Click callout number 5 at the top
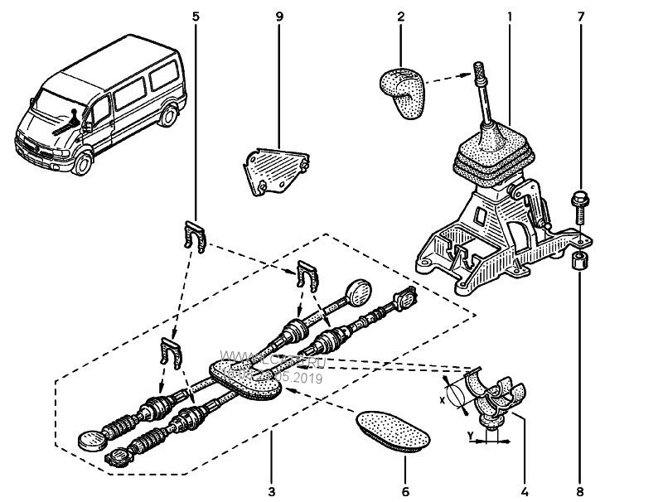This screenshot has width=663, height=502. click(x=196, y=17)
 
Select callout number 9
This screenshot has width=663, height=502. click(x=279, y=17)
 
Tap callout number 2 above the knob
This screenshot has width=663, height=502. click(x=401, y=17)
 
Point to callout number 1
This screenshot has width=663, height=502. click(x=509, y=17)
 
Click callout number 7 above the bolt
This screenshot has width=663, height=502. click(x=580, y=17)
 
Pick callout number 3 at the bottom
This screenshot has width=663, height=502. click(x=271, y=490)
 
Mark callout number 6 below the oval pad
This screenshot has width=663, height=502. click(x=405, y=490)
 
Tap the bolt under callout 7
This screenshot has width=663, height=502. click(x=578, y=205)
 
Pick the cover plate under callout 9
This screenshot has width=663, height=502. click(x=276, y=171)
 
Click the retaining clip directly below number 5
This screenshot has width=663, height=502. click(x=196, y=236)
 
